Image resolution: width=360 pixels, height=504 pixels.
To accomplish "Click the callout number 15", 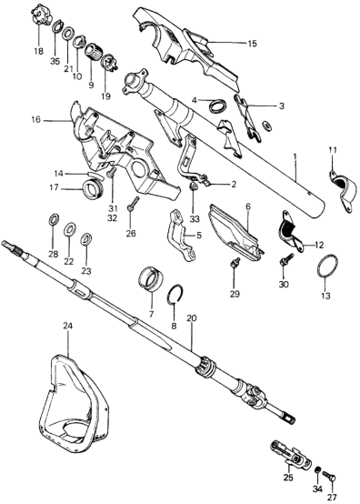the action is click(x=253, y=44).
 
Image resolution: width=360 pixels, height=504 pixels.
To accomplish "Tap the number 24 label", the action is click(x=68, y=326).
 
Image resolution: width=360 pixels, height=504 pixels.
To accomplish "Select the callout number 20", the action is click(x=192, y=318).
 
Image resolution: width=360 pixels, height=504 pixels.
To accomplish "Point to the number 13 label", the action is click(x=325, y=296).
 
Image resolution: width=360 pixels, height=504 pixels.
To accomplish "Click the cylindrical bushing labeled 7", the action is click(x=151, y=278).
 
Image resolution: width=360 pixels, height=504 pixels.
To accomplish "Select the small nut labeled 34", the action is click(x=317, y=470).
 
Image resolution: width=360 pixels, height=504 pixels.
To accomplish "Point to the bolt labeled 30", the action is click(x=287, y=259).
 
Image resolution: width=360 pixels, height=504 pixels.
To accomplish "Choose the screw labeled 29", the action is click(x=235, y=262).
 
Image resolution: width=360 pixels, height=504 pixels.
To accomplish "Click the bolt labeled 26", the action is click(x=132, y=205).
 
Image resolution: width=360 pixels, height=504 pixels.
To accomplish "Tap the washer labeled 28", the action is click(x=53, y=219).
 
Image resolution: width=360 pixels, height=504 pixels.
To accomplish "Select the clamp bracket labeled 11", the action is click(x=343, y=189).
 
